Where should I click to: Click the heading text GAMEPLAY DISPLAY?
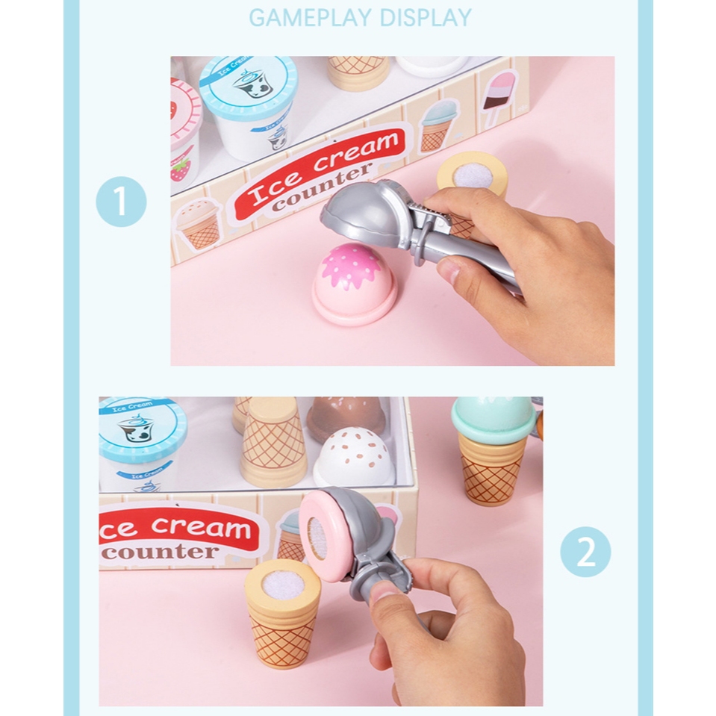click(x=360, y=18)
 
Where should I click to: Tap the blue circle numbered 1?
click(x=121, y=202)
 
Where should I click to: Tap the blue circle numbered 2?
click(x=585, y=552)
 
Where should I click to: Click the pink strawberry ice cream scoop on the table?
click(x=354, y=283)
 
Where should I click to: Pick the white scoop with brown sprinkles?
click(x=355, y=457)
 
